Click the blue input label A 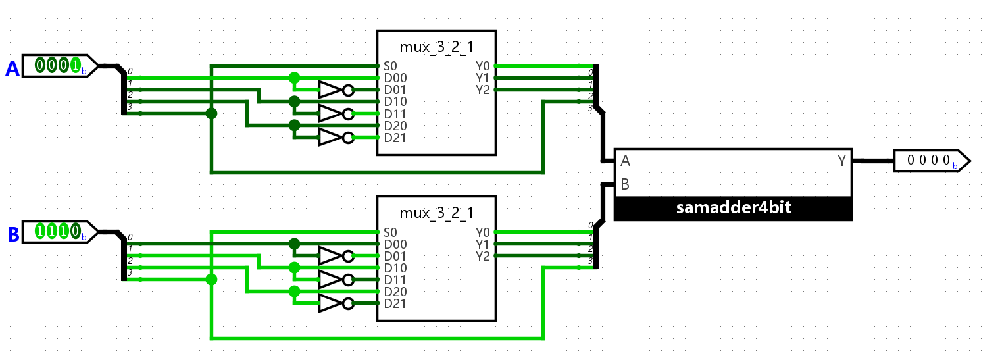[13, 69]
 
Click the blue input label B [13, 234]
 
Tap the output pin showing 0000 [932, 161]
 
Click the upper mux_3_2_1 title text [436, 47]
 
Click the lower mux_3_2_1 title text [436, 213]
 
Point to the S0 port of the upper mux [390, 66]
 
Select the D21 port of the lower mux [395, 303]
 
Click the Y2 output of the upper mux [483, 90]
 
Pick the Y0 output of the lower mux [483, 232]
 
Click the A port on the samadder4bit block [626, 161]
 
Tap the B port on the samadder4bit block [625, 184]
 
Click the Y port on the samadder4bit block [842, 161]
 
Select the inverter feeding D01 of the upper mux [336, 90]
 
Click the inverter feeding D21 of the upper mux [336, 138]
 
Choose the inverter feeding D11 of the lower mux [336, 280]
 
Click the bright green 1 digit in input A [76, 65]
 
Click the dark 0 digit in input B [76, 231]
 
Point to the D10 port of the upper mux [395, 102]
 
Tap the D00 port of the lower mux [395, 244]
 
